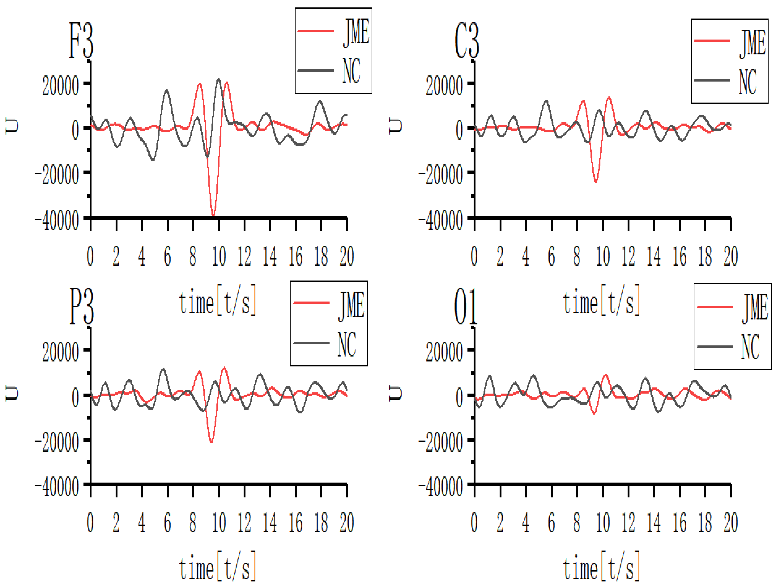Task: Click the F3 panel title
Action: pyautogui.click(x=81, y=41)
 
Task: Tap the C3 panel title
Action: pyautogui.click(x=466, y=41)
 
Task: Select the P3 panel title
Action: pyautogui.click(x=81, y=306)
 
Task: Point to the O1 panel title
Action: pyautogui.click(x=465, y=306)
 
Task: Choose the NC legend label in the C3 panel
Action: pyautogui.click(x=748, y=82)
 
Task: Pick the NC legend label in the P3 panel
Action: pyautogui.click(x=347, y=345)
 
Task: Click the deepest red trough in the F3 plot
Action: pyautogui.click(x=213, y=215)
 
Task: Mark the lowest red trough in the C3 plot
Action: pyautogui.click(x=596, y=181)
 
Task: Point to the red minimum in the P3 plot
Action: pyautogui.click(x=211, y=442)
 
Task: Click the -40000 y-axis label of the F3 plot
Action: pyautogui.click(x=57, y=221)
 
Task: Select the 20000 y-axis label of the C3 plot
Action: pyautogui.click(x=444, y=86)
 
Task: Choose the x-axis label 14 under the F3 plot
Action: pyautogui.click(x=270, y=256)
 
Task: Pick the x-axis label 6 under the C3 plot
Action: pyautogui.click(x=552, y=256)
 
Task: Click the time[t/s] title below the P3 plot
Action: pyautogui.click(x=218, y=568)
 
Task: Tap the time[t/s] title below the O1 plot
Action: pyautogui.click(x=601, y=568)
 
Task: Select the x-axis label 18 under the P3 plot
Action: pyautogui.click(x=321, y=522)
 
